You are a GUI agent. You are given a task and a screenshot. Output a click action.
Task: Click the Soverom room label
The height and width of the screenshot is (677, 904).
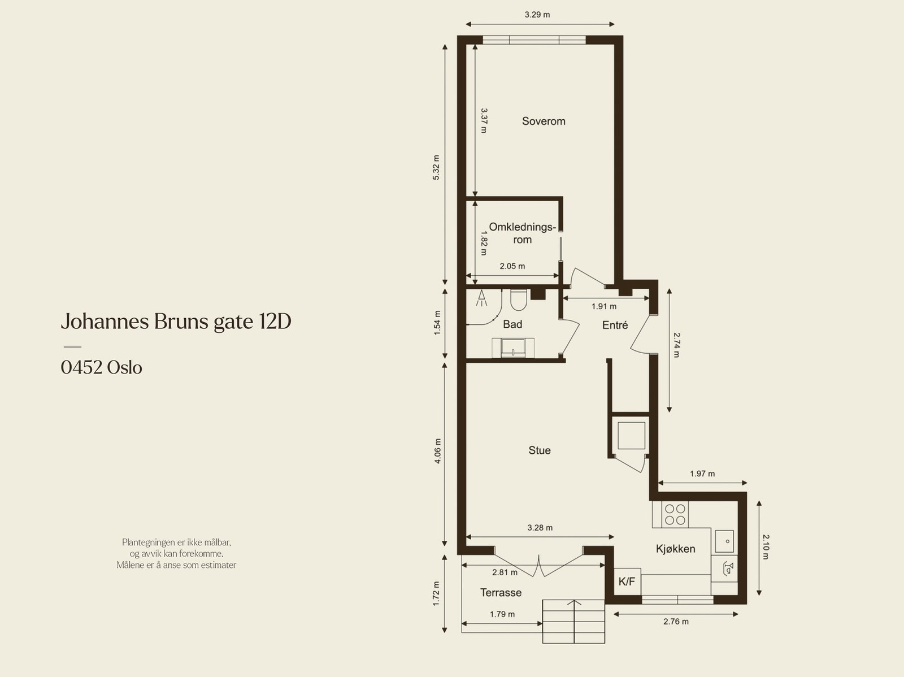click(543, 121)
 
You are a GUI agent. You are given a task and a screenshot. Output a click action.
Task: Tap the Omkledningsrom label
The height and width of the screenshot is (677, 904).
click(522, 233)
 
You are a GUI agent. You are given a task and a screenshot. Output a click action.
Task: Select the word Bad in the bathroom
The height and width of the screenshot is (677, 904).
click(512, 324)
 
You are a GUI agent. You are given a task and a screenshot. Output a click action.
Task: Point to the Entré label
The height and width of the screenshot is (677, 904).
click(615, 325)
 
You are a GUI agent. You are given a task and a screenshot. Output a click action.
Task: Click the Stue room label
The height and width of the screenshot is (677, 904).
click(540, 450)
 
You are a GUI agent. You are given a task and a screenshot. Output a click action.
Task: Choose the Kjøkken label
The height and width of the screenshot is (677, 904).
click(675, 549)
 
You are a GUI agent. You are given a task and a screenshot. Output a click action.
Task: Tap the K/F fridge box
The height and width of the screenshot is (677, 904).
click(627, 581)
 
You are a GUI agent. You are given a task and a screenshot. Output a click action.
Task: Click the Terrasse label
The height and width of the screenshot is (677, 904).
click(501, 593)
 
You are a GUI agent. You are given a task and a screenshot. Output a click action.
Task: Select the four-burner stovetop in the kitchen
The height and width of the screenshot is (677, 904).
click(675, 514)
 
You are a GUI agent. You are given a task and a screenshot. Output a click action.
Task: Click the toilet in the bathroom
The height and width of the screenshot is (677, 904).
click(519, 300)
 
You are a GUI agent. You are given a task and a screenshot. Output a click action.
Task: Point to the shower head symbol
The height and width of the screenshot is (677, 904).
click(481, 298)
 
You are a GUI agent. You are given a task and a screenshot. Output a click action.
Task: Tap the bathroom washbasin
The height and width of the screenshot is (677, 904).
click(513, 348)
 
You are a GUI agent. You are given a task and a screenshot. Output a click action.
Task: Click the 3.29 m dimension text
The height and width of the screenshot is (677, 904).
click(537, 15)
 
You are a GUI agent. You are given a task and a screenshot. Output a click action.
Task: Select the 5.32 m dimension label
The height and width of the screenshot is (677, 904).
click(436, 167)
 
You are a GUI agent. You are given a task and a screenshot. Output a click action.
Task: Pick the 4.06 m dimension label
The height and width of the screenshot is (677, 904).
click(437, 451)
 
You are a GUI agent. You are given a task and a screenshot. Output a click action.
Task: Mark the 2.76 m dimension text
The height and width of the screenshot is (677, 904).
click(676, 622)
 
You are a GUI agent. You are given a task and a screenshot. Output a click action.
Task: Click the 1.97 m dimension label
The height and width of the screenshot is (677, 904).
click(702, 474)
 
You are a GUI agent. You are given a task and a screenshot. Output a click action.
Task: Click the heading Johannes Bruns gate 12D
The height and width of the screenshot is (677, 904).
click(176, 322)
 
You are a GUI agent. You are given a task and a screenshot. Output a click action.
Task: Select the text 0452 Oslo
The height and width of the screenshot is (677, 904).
click(101, 367)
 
